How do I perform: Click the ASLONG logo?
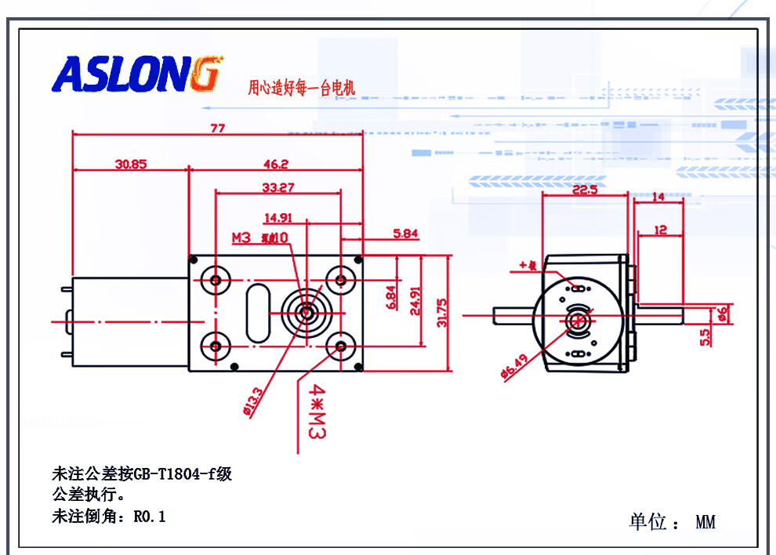coord(138,74)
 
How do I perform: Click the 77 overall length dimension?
coord(217,128)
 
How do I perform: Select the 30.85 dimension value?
coord(130,164)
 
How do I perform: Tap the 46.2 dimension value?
coord(275,164)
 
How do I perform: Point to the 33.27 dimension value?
coord(278,187)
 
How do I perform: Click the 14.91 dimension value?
coord(279,218)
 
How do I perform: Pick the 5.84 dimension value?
coord(406,233)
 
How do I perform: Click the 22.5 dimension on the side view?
coord(585,190)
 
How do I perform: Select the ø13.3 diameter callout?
coord(252,404)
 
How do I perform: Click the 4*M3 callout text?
coord(317,410)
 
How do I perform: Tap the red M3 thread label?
coord(241,238)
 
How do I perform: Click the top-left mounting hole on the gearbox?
coord(214,280)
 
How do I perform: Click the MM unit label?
coord(705,521)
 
